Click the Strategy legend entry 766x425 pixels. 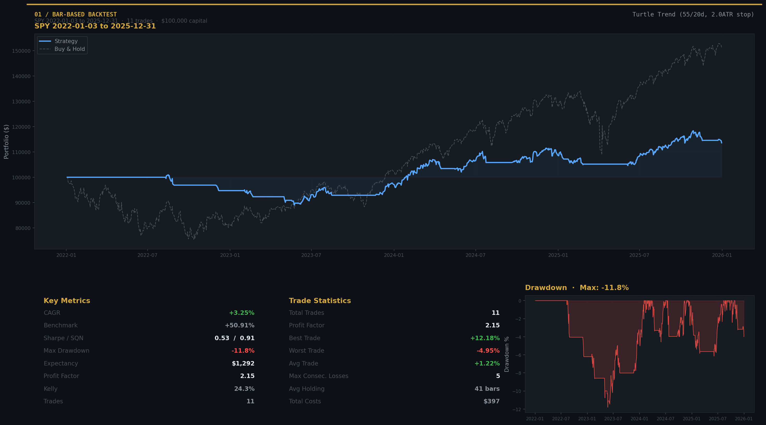(66, 41)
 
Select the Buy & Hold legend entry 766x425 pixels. (69, 49)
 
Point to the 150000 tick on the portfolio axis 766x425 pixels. (21, 51)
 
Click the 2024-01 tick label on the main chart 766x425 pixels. (394, 255)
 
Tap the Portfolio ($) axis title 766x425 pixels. (6, 142)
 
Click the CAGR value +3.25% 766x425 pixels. (242, 313)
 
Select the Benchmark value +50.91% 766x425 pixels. (239, 325)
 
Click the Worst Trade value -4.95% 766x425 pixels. (488, 351)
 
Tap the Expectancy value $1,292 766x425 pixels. (243, 363)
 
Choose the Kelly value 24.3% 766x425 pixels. (244, 389)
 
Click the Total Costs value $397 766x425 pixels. (491, 401)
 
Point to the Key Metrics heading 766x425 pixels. (67, 300)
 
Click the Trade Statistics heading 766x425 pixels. (320, 300)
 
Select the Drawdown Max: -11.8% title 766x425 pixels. (577, 288)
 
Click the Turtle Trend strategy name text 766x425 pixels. (693, 14)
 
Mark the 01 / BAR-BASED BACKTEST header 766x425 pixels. (76, 14)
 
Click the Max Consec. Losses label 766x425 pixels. (318, 376)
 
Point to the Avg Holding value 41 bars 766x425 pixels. (487, 389)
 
